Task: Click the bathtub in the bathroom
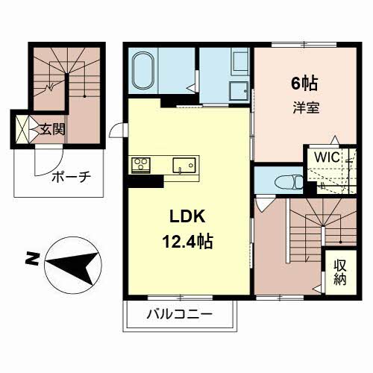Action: pyautogui.click(x=144, y=70)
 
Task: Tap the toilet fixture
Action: pyautogui.click(x=289, y=182)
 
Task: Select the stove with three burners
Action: pyautogui.click(x=141, y=165)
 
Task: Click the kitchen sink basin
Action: pyautogui.click(x=184, y=165)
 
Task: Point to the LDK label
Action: pyautogui.click(x=187, y=216)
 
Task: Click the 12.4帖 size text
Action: pyautogui.click(x=187, y=242)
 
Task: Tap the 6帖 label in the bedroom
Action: pyautogui.click(x=304, y=84)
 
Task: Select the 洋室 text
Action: pyautogui.click(x=306, y=107)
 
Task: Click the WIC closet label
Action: pyautogui.click(x=327, y=157)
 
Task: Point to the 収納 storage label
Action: pyautogui.click(x=340, y=272)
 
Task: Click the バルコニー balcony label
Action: pyautogui.click(x=180, y=314)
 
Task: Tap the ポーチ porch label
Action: pyautogui.click(x=72, y=177)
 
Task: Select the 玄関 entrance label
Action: pyautogui.click(x=52, y=129)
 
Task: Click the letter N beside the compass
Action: pyautogui.click(x=32, y=259)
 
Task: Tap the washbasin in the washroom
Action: pyautogui.click(x=239, y=91)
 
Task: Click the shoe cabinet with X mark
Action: pyautogui.click(x=22, y=129)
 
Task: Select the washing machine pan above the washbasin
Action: pyautogui.click(x=240, y=61)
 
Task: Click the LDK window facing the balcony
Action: pyautogui.click(x=181, y=297)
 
